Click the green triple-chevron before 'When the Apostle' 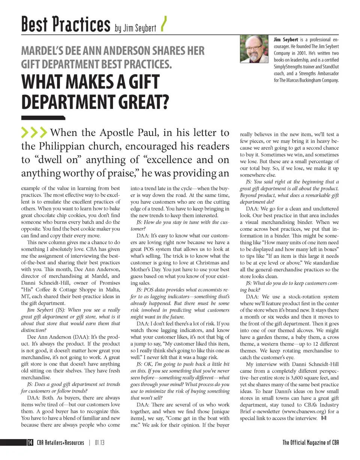click(34, 133)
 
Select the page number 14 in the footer click(30, 442)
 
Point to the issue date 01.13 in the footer click(99, 442)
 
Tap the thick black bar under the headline click(43, 118)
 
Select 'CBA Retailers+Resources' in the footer click(60, 442)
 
